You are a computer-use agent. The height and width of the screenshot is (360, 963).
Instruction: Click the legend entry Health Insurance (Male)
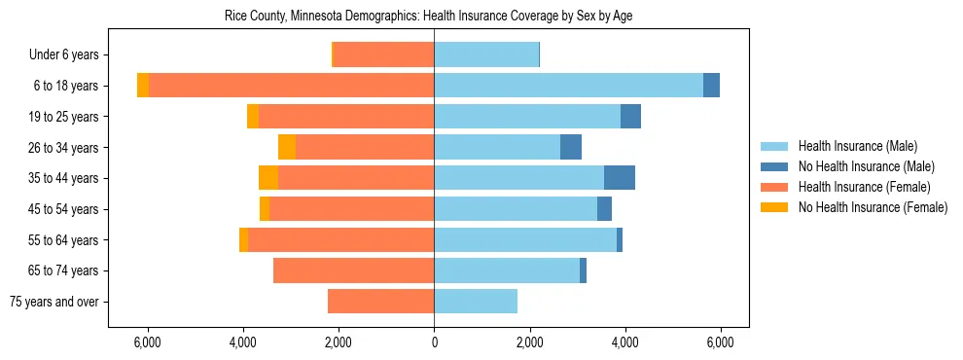click(x=857, y=146)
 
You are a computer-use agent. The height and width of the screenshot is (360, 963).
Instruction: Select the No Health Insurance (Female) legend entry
click(x=872, y=207)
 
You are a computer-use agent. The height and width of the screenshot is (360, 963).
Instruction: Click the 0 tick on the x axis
click(x=434, y=343)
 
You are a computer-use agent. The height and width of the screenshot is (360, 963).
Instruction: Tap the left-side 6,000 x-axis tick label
click(x=147, y=343)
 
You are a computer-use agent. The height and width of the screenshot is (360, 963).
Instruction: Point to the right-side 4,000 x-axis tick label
click(x=624, y=343)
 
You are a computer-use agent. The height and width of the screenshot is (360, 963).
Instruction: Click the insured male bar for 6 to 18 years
click(x=568, y=86)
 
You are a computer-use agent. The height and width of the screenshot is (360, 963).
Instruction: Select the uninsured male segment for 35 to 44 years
click(x=620, y=178)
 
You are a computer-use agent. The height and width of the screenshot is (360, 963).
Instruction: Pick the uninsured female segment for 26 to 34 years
click(x=287, y=147)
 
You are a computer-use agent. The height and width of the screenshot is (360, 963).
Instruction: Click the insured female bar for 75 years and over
click(x=380, y=302)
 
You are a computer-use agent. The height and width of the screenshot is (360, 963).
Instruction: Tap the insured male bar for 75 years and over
click(x=476, y=302)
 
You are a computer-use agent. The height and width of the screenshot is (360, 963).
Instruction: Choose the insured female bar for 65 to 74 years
click(x=353, y=270)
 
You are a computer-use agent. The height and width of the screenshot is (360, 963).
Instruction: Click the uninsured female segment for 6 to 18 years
click(x=143, y=86)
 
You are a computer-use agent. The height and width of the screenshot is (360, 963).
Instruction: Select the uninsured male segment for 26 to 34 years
click(x=571, y=147)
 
